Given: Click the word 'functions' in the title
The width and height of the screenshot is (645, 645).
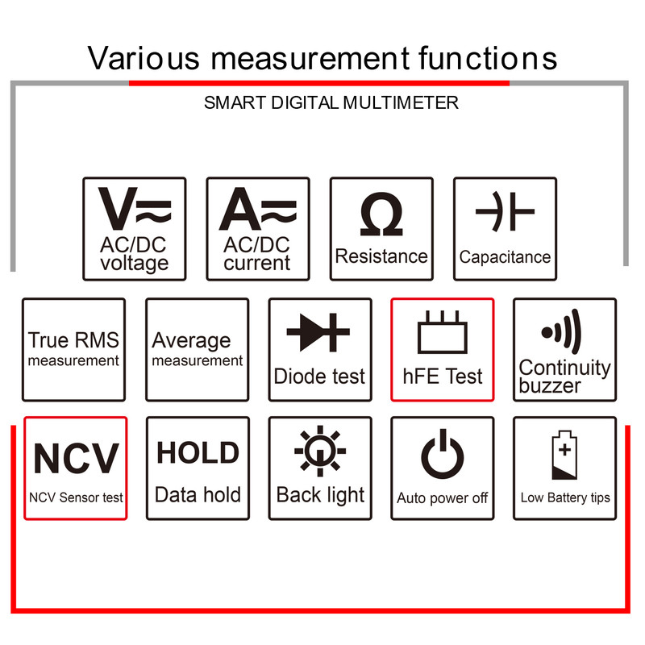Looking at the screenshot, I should point(489,58).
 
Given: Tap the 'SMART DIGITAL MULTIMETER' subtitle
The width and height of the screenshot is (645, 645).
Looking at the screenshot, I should point(331,102).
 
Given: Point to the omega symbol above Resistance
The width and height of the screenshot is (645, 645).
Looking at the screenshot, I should point(381,216).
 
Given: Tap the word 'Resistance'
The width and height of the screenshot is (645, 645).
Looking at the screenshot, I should point(381,256).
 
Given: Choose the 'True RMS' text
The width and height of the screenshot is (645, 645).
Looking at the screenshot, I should point(73,340).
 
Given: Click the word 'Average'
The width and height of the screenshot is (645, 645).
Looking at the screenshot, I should point(191,340).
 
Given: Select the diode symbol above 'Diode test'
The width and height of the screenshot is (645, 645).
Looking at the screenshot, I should point(319,333).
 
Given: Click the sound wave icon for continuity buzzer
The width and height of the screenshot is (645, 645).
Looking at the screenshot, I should point(561,331).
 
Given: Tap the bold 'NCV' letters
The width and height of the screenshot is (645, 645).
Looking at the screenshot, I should point(76,458).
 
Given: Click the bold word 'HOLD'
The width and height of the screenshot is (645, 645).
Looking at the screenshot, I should point(198,453).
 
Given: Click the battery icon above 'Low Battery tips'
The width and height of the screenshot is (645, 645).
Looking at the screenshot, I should point(564,455).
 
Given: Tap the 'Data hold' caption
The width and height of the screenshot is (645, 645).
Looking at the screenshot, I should point(198,495).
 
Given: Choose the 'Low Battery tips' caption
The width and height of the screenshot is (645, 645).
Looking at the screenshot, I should point(565,497).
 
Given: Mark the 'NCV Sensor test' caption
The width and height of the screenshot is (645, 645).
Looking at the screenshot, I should point(76,497).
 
